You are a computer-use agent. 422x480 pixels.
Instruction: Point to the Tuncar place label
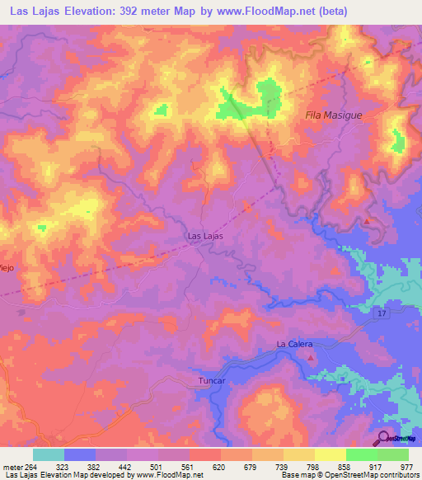[211, 381]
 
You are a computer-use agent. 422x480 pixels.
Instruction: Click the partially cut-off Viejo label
[7, 266]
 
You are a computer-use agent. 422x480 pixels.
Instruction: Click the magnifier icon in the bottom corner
[384, 437]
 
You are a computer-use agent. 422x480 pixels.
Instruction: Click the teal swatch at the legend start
[49, 454]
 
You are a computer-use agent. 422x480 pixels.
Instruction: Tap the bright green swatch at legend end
[393, 454]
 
